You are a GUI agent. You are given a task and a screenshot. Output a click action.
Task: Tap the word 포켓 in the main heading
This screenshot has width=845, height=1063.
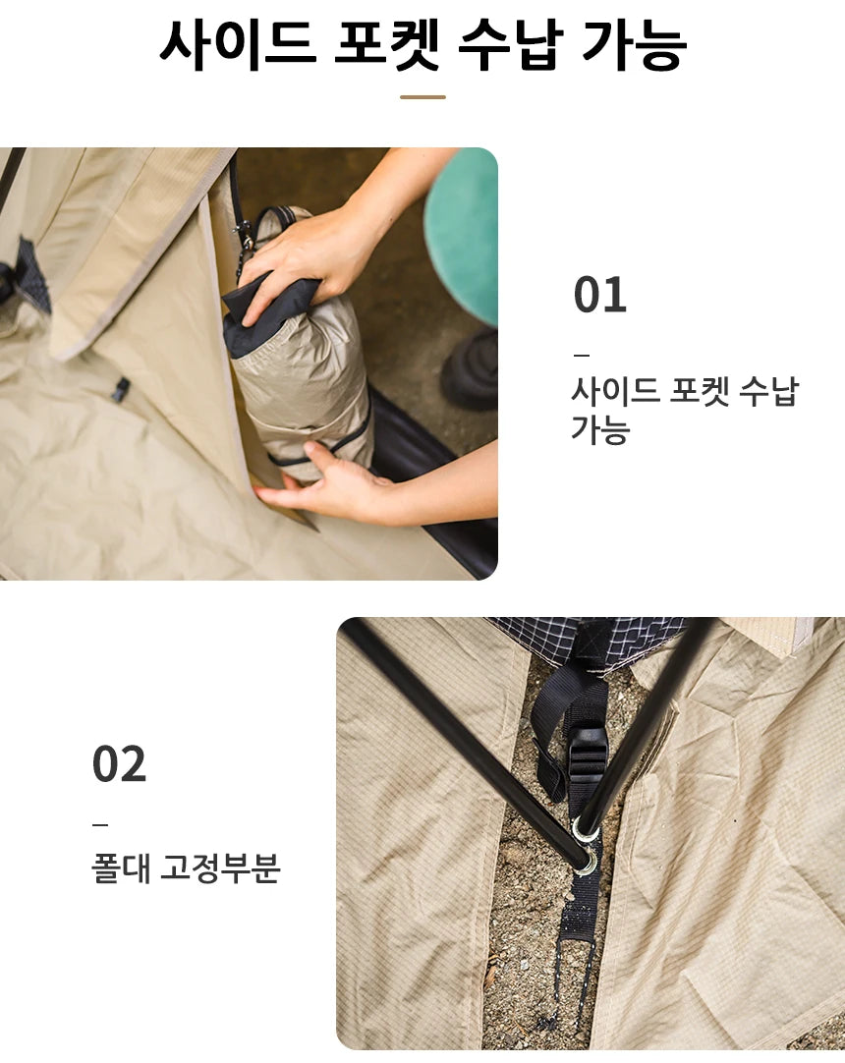pos(387,43)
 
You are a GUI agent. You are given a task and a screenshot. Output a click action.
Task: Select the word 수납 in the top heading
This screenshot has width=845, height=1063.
pos(509,43)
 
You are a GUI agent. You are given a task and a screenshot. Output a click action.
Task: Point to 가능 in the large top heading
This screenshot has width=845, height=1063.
pos(634,43)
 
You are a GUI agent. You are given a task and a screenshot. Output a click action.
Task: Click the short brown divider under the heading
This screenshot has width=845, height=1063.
pos(422,97)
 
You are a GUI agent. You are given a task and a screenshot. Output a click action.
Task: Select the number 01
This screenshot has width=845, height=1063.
pos(599,296)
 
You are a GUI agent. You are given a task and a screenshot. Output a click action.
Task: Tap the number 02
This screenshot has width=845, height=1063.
pos(119,764)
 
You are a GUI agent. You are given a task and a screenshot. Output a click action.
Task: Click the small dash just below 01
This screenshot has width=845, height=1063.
pos(581,355)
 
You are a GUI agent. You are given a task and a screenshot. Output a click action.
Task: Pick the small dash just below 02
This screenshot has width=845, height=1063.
pos(100,823)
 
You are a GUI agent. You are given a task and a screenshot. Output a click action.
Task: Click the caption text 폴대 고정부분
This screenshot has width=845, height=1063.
pos(186,868)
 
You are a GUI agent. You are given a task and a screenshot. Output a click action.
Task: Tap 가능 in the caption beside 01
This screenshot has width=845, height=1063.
pos(600,430)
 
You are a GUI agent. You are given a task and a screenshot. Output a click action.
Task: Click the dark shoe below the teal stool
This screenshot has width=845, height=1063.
pos(471,368)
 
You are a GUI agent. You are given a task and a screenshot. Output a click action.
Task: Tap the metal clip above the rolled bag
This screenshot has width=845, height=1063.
pos(242,236)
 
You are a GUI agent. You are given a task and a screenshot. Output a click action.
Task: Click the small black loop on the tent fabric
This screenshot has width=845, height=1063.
pos(120,389)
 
